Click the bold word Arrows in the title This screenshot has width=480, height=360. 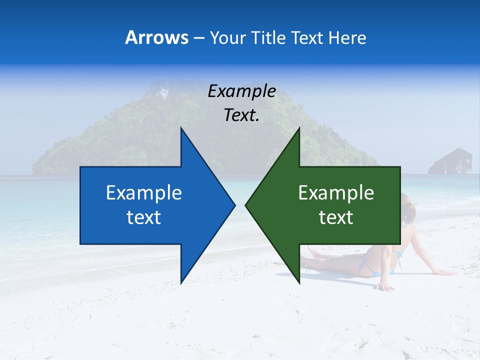click(x=156, y=38)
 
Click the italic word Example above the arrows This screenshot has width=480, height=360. click(x=241, y=91)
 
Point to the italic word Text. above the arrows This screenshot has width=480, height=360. click(x=241, y=115)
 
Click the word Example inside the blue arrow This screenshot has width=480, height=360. click(x=144, y=193)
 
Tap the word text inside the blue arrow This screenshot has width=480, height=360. click(x=144, y=217)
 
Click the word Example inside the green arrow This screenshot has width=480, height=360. click(x=336, y=193)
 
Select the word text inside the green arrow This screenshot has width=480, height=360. click(x=336, y=217)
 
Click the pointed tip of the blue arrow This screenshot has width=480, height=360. click(x=234, y=205)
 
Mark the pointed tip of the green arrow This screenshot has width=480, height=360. click(x=245, y=205)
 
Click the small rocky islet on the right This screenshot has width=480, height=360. click(x=450, y=161)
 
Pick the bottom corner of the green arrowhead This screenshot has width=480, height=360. click(x=299, y=283)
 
